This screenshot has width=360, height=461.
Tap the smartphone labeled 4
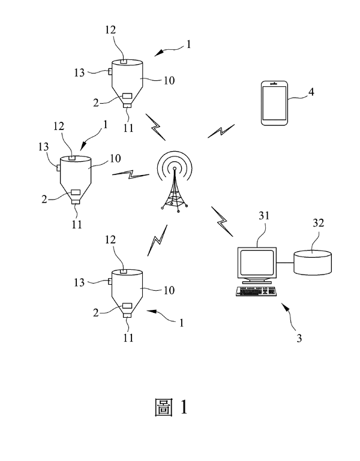click(274, 104)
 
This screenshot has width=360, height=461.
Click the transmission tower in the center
click(174, 183)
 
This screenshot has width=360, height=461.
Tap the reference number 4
click(311, 92)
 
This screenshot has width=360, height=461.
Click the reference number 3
click(299, 338)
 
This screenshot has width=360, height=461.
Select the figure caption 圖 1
click(170, 408)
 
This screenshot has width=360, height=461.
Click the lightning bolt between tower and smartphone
click(220, 131)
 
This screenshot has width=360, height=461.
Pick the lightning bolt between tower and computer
click(222, 221)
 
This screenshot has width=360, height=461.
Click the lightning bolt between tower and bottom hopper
click(157, 240)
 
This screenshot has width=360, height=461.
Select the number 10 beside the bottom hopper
click(169, 290)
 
